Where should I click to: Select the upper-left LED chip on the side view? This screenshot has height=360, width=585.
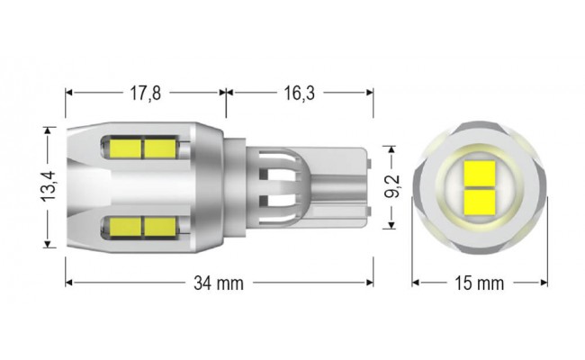[125, 147]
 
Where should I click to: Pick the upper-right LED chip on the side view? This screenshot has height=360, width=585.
[159, 147]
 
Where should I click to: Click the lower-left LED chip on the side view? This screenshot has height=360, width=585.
[125, 226]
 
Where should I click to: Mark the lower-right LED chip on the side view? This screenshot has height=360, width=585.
[159, 226]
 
